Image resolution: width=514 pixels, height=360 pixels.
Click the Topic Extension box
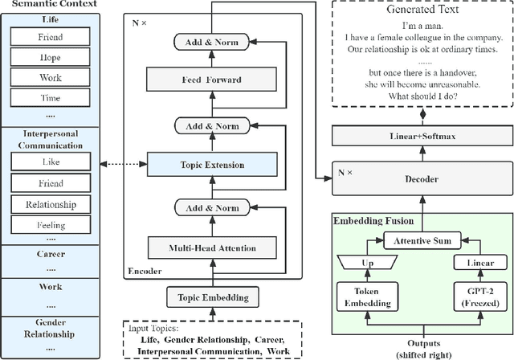[x=212, y=164]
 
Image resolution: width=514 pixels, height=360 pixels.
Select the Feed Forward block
[x=211, y=80]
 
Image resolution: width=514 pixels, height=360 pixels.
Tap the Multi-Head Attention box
[x=212, y=247]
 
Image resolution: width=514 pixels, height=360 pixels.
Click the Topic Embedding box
[x=213, y=297]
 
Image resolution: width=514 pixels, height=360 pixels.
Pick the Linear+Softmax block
[x=422, y=136]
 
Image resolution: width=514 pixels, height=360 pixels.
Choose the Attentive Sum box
[x=422, y=240]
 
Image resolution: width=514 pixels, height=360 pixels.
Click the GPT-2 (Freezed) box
[x=480, y=297]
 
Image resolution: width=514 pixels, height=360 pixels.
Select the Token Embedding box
[x=368, y=297]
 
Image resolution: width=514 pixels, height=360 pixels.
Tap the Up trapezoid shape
[x=368, y=263]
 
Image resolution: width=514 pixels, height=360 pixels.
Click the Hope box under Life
[x=50, y=57]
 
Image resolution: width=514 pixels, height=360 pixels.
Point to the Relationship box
[x=51, y=205]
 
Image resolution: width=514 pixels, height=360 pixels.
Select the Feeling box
[x=51, y=225]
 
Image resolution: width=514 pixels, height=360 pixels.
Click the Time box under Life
[x=50, y=98]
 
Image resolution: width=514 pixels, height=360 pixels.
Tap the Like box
[x=51, y=162]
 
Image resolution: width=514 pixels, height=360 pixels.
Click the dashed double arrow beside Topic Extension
[x=124, y=164]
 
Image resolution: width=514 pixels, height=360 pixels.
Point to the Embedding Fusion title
[x=373, y=221]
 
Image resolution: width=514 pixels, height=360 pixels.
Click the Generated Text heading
[x=422, y=9]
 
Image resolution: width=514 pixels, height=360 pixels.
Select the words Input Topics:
[x=153, y=328]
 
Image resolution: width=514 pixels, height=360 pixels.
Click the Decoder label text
[x=422, y=179]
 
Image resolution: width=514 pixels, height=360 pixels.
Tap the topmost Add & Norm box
[x=211, y=42]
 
